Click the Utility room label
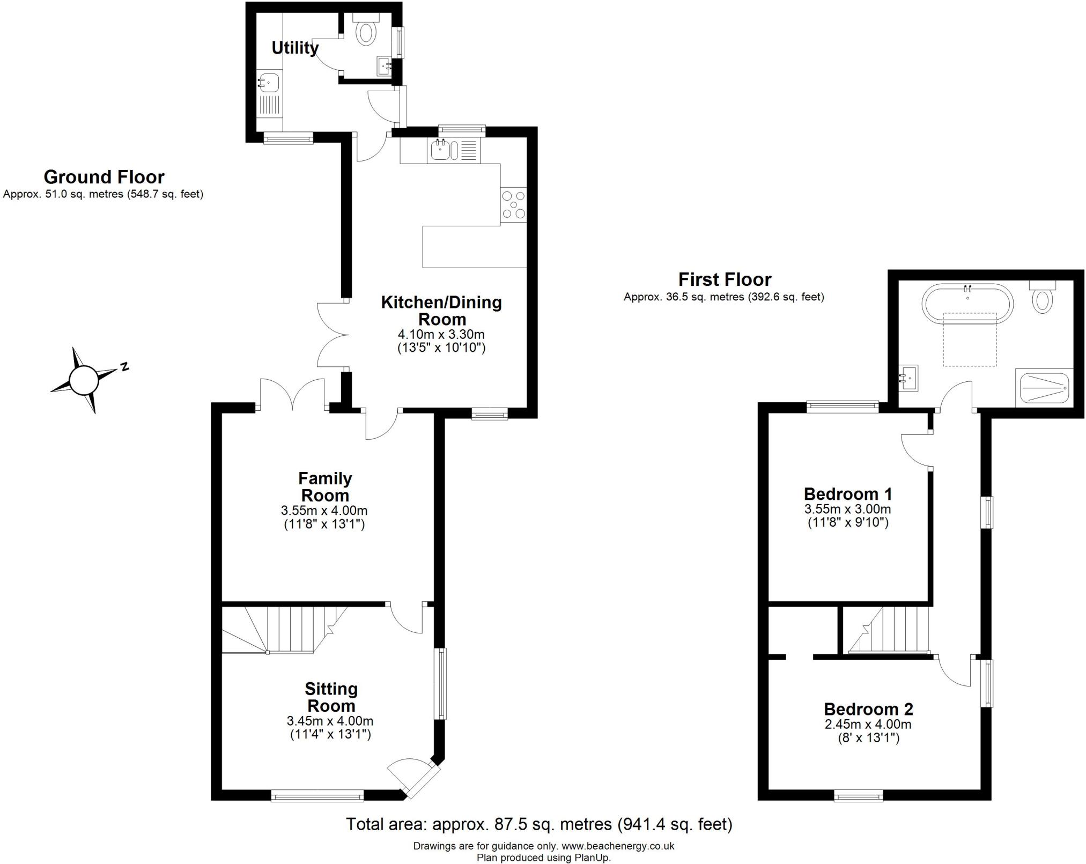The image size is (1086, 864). tap(295, 48)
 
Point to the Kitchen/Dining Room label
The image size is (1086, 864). tap(441, 311)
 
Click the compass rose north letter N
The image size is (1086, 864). tap(124, 367)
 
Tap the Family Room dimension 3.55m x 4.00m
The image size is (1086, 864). tap(324, 510)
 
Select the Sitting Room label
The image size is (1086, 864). tap(331, 697)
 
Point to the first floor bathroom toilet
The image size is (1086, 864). tap(1043, 297)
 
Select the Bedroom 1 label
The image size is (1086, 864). tap(848, 494)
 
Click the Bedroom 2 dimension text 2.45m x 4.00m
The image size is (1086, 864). tap(868, 725)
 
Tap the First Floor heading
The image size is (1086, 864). tap(725, 279)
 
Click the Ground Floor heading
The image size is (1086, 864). tap(104, 177)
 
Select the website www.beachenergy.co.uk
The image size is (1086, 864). tap(618, 846)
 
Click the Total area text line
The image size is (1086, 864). tap(539, 824)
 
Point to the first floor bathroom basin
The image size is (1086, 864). tap(908, 379)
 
